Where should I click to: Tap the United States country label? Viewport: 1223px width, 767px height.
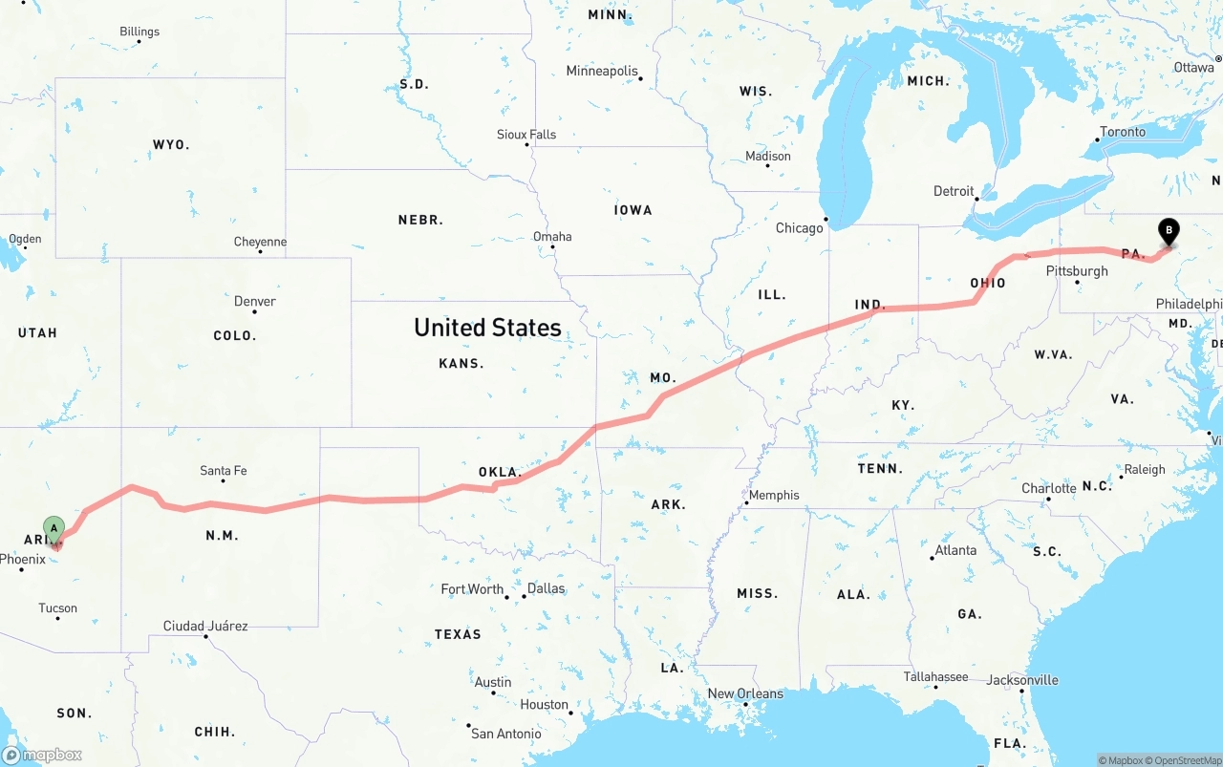click(487, 328)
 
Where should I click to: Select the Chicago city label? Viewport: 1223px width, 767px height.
click(800, 228)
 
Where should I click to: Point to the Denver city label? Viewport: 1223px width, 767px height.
click(255, 302)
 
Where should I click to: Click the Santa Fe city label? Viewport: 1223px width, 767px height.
click(224, 471)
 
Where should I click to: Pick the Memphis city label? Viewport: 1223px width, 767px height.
click(774, 495)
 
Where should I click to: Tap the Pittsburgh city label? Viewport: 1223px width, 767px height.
click(1077, 271)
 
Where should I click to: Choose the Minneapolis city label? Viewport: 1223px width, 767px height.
click(602, 72)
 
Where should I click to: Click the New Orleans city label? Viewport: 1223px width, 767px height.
click(745, 693)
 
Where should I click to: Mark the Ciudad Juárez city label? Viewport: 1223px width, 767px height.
click(205, 627)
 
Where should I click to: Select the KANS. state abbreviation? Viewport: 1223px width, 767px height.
click(461, 363)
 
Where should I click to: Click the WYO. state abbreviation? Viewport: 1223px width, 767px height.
click(171, 145)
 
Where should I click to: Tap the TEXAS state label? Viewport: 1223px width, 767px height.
click(458, 634)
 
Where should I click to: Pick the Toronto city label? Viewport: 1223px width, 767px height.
click(1123, 132)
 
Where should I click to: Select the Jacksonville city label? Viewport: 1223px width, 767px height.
click(1023, 680)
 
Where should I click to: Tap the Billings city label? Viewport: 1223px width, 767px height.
click(139, 32)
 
